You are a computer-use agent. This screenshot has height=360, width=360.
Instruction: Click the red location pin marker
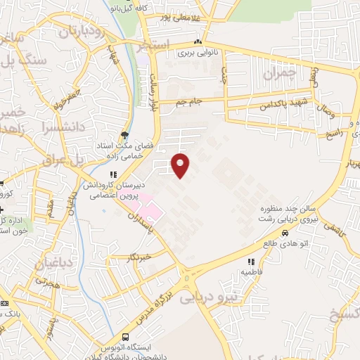point(181,165)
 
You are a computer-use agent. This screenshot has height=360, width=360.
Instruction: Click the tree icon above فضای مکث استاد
point(124,136)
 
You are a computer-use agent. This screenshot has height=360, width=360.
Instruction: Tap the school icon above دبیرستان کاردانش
point(112,174)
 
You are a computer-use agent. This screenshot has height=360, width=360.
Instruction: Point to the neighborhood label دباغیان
point(49,264)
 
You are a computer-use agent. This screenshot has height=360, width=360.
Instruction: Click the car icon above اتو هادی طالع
point(285,233)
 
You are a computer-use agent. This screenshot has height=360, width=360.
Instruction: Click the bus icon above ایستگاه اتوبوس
point(125,337)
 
